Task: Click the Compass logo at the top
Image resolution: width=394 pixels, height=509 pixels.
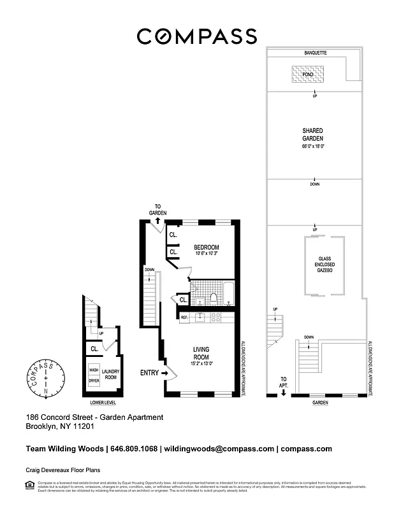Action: click(197, 36)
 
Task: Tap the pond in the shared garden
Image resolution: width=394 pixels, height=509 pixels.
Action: click(307, 75)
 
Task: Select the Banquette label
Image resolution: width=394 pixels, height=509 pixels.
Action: click(315, 53)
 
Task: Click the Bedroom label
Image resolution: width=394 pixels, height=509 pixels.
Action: click(207, 248)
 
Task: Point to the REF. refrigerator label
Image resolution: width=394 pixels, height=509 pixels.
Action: click(184, 317)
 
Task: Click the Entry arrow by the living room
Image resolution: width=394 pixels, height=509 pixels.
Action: click(166, 373)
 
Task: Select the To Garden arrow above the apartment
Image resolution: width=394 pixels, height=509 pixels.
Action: click(157, 220)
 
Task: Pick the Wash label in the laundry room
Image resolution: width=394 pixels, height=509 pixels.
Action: click(94, 370)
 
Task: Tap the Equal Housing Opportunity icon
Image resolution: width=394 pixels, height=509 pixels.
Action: click(30, 485)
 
